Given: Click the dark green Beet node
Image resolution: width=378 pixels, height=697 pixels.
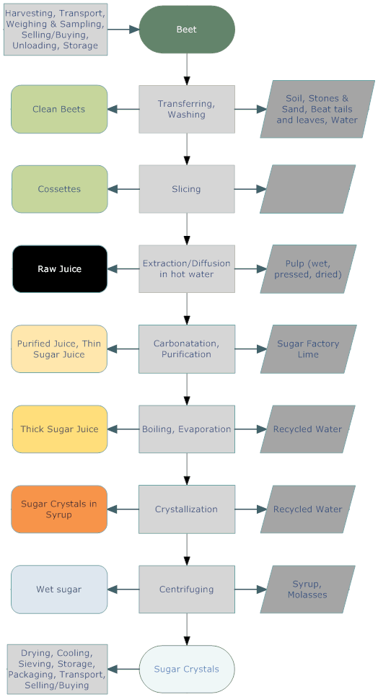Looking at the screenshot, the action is pyautogui.click(x=187, y=30).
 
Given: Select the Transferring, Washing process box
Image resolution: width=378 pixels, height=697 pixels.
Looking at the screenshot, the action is pyautogui.click(x=187, y=110).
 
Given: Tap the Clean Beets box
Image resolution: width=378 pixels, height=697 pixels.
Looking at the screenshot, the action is pyautogui.click(x=59, y=110).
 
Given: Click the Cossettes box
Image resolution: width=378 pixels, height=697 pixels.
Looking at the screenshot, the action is pyautogui.click(x=59, y=189).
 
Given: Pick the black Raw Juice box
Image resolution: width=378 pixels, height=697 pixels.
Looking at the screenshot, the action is pyautogui.click(x=60, y=269).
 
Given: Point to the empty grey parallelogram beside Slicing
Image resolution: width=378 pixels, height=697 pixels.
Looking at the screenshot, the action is pyautogui.click(x=308, y=189).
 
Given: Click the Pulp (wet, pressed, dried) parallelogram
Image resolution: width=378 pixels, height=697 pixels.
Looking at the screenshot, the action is pyautogui.click(x=308, y=269).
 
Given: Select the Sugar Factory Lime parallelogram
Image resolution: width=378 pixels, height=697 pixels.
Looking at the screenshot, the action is pyautogui.click(x=308, y=349).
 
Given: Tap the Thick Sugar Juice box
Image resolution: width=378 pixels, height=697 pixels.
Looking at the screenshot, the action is pyautogui.click(x=60, y=429).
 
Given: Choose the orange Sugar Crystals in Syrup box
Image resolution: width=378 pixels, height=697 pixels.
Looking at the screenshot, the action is pyautogui.click(x=59, y=509).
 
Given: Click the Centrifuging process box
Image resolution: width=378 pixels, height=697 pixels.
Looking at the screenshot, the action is pyautogui.click(x=187, y=589).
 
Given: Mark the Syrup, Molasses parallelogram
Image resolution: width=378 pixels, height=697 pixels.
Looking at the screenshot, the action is pyautogui.click(x=307, y=589).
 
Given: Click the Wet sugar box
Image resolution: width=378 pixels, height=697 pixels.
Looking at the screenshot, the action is pyautogui.click(x=59, y=589).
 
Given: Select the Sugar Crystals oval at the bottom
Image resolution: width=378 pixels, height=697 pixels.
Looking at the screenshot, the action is pyautogui.click(x=187, y=669).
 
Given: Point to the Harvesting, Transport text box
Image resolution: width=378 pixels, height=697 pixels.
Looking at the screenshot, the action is pyautogui.click(x=56, y=30).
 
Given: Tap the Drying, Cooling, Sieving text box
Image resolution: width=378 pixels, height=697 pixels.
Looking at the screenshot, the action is pyautogui.click(x=57, y=669).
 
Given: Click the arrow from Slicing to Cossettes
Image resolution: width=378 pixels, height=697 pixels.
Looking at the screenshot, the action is pyautogui.click(x=123, y=189).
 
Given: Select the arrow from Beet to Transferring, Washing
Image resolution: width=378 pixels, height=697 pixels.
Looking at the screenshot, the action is pyautogui.click(x=187, y=69).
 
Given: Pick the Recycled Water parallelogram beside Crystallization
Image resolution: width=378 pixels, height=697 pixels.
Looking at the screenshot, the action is pyautogui.click(x=307, y=509).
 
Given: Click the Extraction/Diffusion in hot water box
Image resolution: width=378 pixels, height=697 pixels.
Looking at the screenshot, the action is pyautogui.click(x=187, y=269).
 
